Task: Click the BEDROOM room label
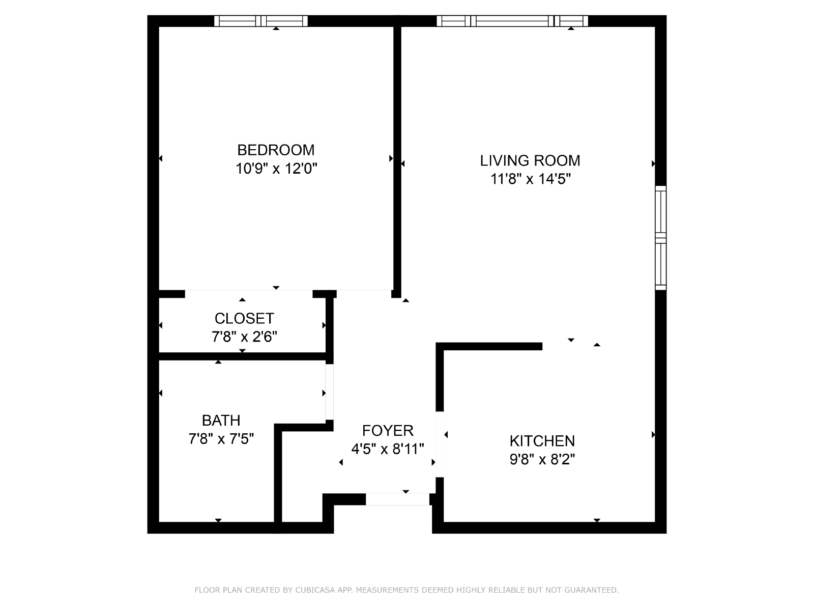276,150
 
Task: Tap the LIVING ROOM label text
530,160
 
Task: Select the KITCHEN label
542,441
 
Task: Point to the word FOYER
388,430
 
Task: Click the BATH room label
221,421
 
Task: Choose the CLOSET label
244,318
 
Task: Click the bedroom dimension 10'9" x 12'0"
276,169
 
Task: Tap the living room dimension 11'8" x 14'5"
530,179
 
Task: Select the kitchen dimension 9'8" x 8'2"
542,460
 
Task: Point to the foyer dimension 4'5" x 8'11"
388,449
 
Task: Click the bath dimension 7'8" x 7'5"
221,439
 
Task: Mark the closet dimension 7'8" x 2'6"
244,337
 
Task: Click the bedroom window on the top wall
261,21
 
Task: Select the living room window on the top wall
512,21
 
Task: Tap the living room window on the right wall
660,238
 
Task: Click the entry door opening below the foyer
397,499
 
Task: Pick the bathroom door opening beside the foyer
329,392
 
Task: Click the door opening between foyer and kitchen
440,444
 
